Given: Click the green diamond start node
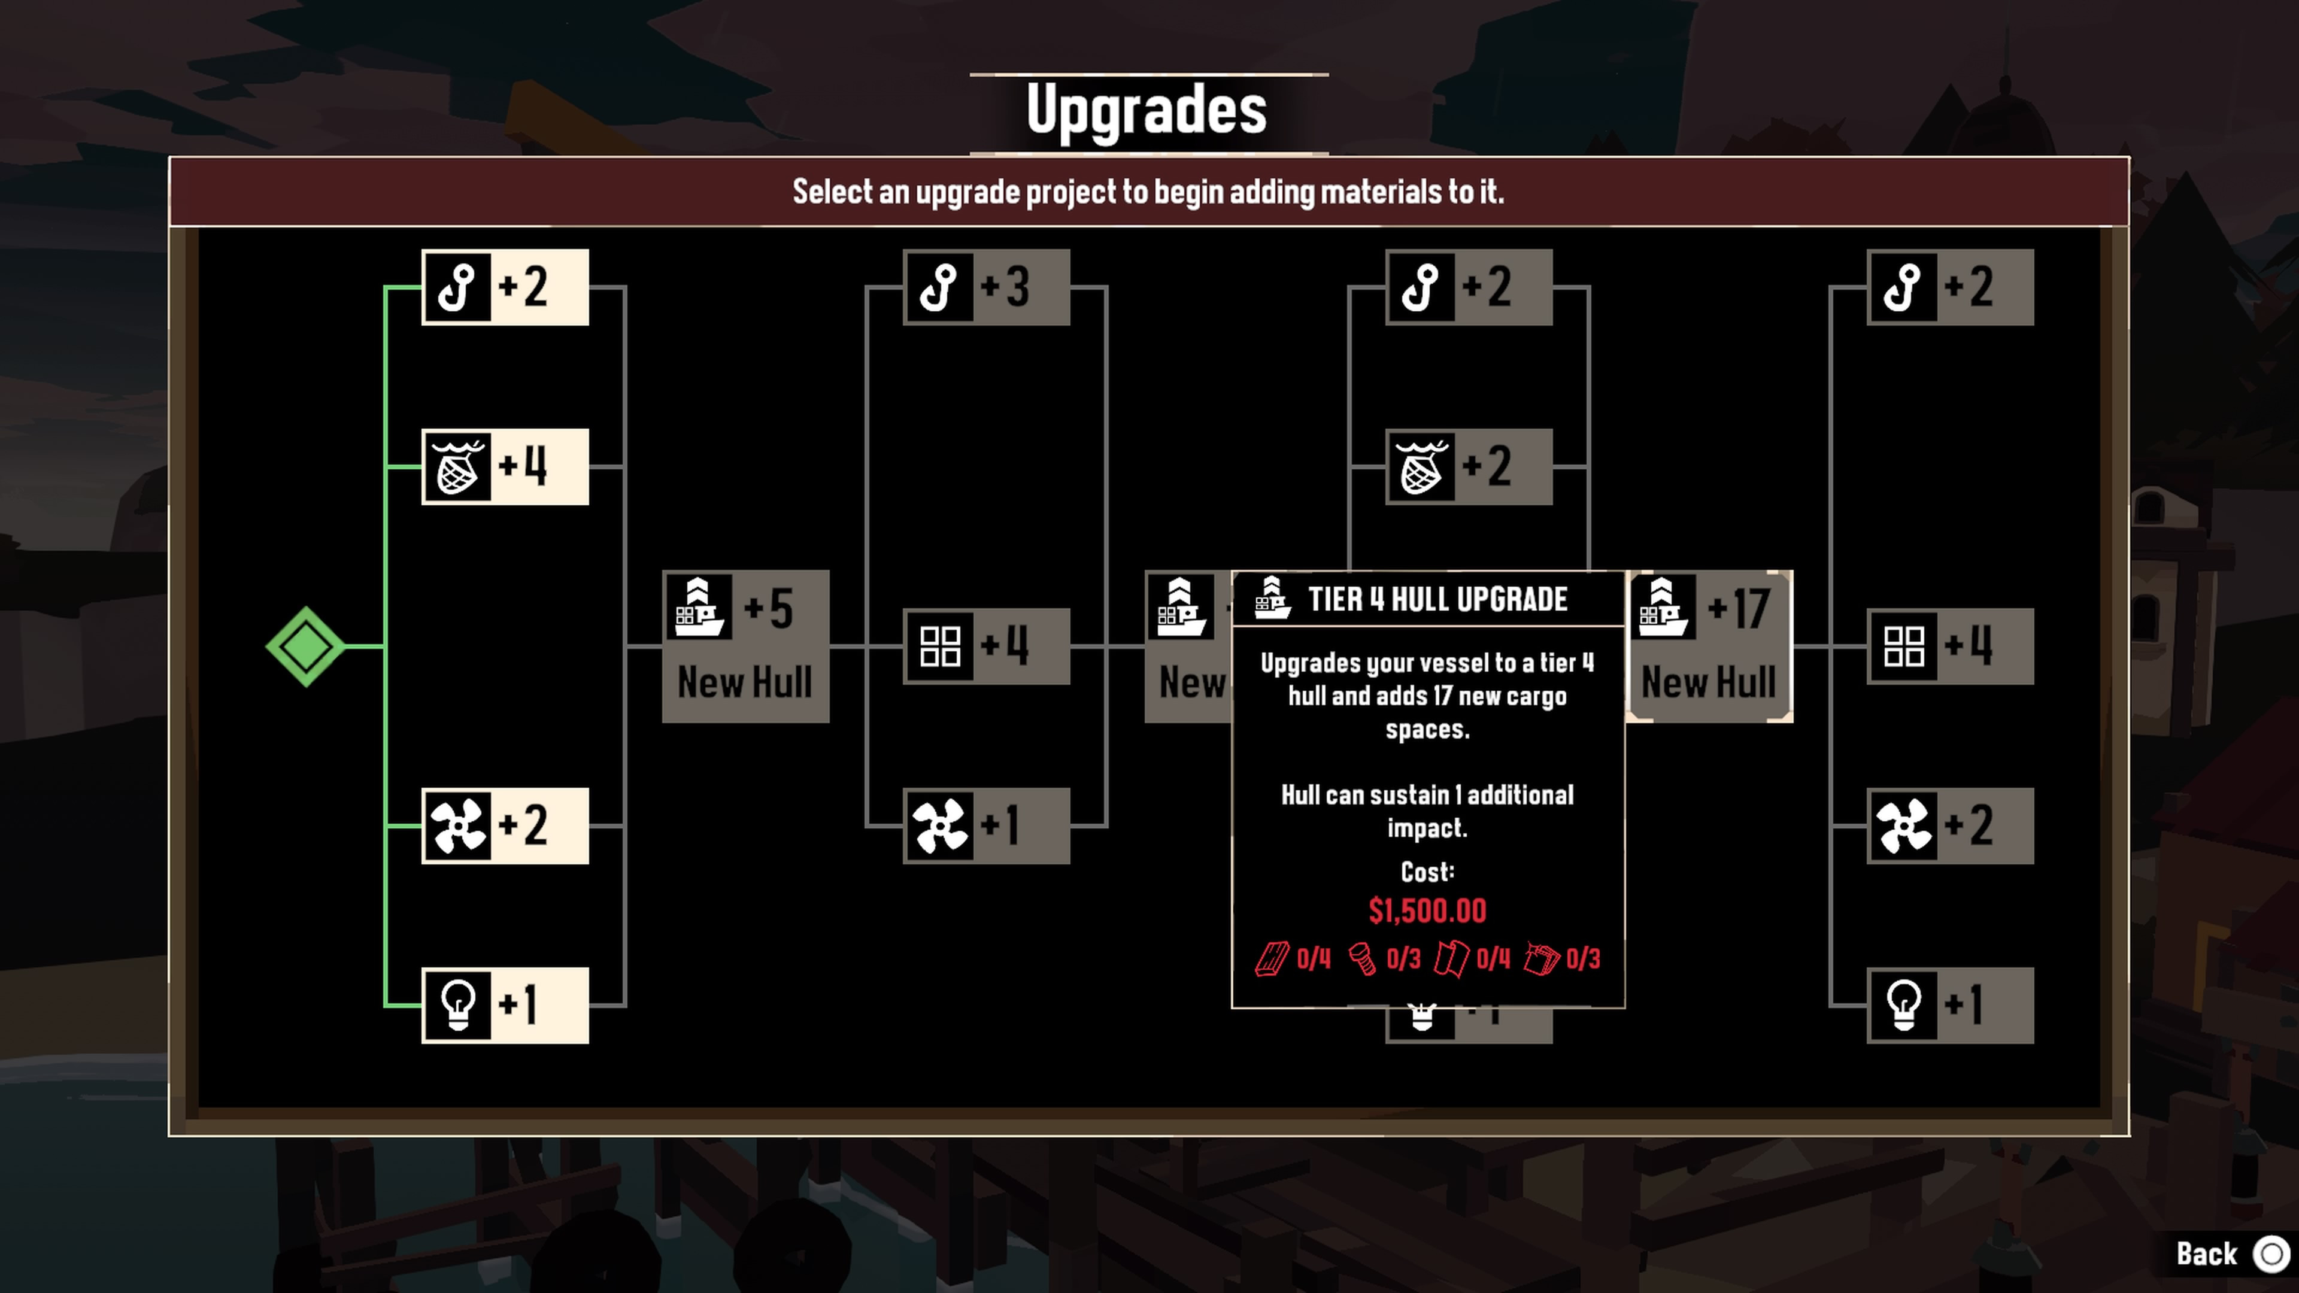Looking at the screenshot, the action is pyautogui.click(x=305, y=646).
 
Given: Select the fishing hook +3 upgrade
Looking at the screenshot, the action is pyautogui.click(x=986, y=287).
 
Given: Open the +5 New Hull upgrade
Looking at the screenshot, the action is pyautogui.click(x=746, y=646).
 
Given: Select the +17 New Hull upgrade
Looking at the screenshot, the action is pyautogui.click(x=1709, y=646).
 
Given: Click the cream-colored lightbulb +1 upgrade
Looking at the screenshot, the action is pyautogui.click(x=505, y=1005).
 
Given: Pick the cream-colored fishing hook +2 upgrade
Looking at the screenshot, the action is pyautogui.click(x=505, y=287).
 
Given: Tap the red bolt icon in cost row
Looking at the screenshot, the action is pyautogui.click(x=1362, y=959).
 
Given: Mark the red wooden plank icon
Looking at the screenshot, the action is pyautogui.click(x=1272, y=959).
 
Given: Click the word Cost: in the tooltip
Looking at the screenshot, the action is pyautogui.click(x=1428, y=872).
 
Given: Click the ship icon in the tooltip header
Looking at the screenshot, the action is pyautogui.click(x=1272, y=598).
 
